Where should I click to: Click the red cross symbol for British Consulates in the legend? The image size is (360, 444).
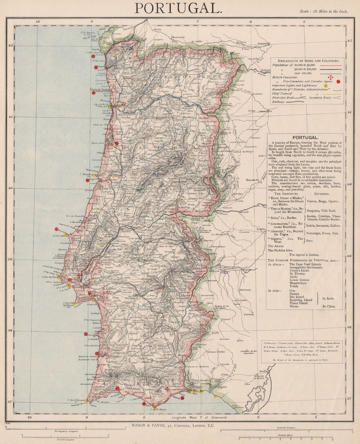click(330, 77)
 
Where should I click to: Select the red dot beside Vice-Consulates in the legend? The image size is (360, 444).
click(338, 82)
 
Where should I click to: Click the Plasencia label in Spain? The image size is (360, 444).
click(252, 180)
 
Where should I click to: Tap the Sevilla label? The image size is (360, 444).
click(263, 371)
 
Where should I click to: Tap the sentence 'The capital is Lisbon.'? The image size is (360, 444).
click(304, 254)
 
